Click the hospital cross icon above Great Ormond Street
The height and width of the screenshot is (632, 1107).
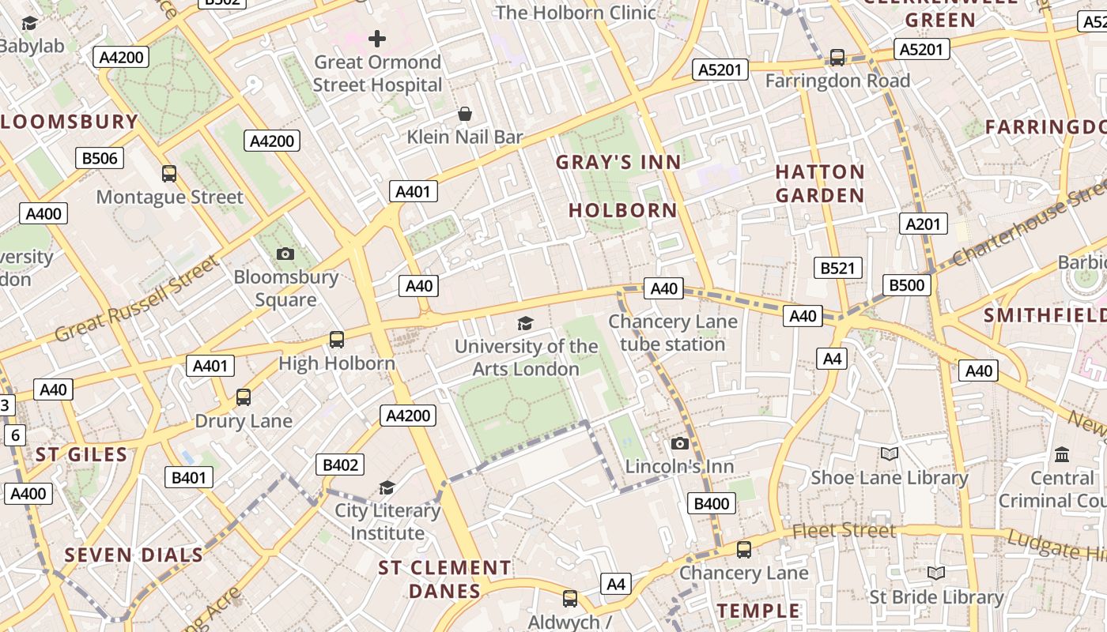tap(377, 38)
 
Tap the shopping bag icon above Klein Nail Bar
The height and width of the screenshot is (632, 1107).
tap(465, 114)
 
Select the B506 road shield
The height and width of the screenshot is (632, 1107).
tap(100, 158)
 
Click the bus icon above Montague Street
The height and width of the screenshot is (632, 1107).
tap(168, 174)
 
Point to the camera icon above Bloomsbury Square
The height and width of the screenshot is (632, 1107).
tap(285, 254)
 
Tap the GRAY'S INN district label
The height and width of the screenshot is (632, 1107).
tap(618, 163)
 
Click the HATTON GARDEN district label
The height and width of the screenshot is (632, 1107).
tap(820, 183)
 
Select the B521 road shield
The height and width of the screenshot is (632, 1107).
tap(837, 268)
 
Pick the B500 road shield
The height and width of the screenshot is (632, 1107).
tap(906, 285)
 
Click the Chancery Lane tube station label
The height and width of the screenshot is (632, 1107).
tap(672, 333)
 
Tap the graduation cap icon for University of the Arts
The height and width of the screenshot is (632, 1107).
tap(525, 322)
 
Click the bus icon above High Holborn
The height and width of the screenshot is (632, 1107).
tap(337, 340)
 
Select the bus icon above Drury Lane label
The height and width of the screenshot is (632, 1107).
tap(244, 397)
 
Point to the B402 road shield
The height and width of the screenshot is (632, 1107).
tap(340, 465)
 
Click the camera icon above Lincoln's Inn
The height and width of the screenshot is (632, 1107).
tap(679, 444)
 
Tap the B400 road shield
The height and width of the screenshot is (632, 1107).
tap(711, 503)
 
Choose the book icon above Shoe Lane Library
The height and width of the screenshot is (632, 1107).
tap(890, 453)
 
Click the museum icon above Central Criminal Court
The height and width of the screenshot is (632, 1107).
tap(1062, 454)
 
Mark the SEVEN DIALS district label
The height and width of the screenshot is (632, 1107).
tap(134, 555)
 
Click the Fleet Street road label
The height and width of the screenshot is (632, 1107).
tap(844, 530)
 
